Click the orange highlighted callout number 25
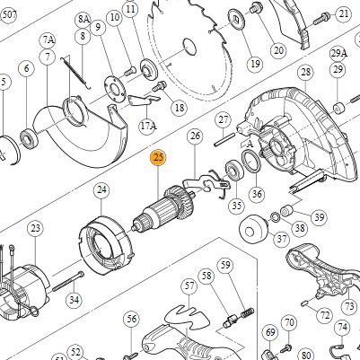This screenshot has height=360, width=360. [158, 158]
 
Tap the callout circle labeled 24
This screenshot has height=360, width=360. [101, 189]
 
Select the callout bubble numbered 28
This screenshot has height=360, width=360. [305, 72]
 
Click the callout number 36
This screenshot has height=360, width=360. [257, 194]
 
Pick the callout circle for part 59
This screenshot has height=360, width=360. [225, 265]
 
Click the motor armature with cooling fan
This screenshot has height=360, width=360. [163, 208]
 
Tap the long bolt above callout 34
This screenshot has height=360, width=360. [68, 281]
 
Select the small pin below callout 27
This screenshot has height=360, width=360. [224, 140]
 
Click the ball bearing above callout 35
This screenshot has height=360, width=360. [233, 171]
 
